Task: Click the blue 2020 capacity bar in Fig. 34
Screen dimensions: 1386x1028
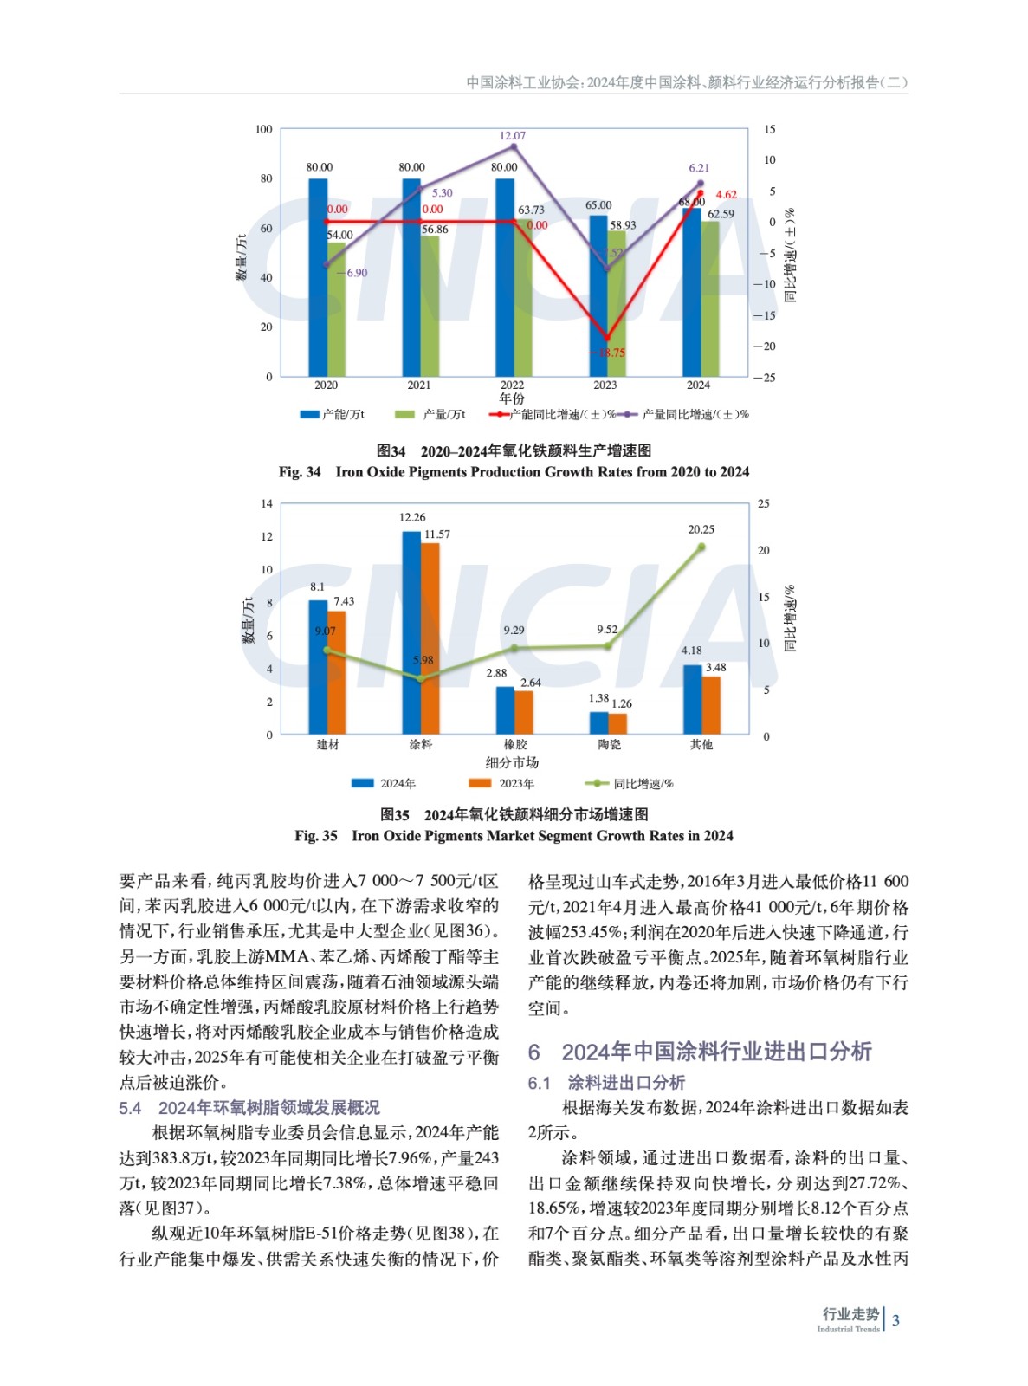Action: point(318,277)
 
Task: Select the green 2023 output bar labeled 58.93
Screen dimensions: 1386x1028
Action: point(617,303)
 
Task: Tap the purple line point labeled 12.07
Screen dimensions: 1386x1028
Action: point(514,146)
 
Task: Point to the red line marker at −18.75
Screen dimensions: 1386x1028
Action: point(606,338)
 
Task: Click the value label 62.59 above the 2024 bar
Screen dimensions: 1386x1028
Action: point(721,214)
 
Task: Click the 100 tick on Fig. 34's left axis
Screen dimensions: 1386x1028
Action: point(263,129)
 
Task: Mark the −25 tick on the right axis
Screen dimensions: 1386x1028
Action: point(764,378)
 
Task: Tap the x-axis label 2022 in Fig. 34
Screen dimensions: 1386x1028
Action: point(512,385)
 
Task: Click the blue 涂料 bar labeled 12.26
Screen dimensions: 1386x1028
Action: point(411,632)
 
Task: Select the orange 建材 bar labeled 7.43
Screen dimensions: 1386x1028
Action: point(337,672)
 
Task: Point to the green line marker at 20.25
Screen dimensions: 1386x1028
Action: point(701,547)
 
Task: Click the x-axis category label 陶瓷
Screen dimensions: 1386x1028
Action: point(609,745)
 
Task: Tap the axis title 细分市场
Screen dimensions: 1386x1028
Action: point(512,763)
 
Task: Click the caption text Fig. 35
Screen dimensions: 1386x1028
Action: point(316,836)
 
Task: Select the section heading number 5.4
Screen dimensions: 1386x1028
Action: point(130,1108)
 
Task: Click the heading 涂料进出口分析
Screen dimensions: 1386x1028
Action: point(626,1083)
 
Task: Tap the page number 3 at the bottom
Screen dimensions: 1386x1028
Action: point(895,1321)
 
